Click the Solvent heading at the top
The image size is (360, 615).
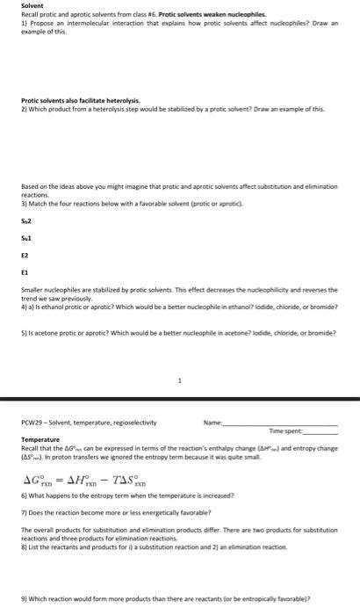pyautogui.click(x=32, y=6)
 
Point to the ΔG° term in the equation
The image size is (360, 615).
pyautogui.click(x=44, y=480)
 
